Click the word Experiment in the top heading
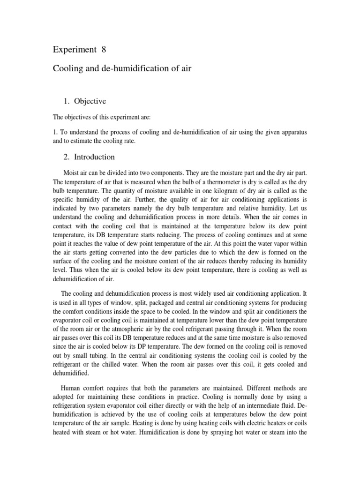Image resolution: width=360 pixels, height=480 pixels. point(72,50)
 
